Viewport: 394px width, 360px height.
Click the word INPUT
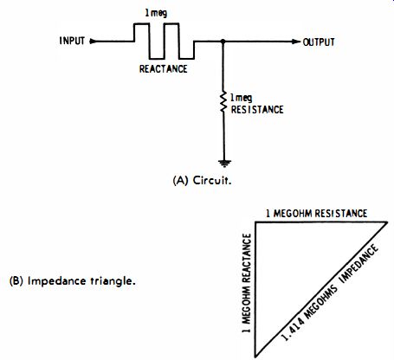(x=72, y=41)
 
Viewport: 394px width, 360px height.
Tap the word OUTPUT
(x=319, y=42)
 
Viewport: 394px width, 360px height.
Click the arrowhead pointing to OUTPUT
(x=296, y=42)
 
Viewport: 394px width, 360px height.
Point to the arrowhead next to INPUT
(x=93, y=42)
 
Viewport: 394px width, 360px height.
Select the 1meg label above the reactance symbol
(x=156, y=13)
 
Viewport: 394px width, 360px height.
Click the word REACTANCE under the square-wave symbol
(x=164, y=68)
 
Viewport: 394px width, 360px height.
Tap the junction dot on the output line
(x=223, y=42)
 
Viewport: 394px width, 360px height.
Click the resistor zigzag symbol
(x=223, y=102)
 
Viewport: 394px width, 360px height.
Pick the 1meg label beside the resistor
(x=241, y=98)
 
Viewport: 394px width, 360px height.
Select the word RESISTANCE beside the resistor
(x=257, y=110)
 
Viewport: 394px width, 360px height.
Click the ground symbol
(x=224, y=164)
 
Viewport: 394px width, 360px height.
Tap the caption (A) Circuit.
(x=202, y=181)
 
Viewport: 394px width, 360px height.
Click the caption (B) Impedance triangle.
(x=73, y=281)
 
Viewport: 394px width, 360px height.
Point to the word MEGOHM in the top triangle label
(x=293, y=214)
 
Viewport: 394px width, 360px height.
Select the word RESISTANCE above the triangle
(x=341, y=214)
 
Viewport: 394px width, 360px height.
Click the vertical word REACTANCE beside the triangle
(x=246, y=258)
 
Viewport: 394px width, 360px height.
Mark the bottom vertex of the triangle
(x=255, y=357)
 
